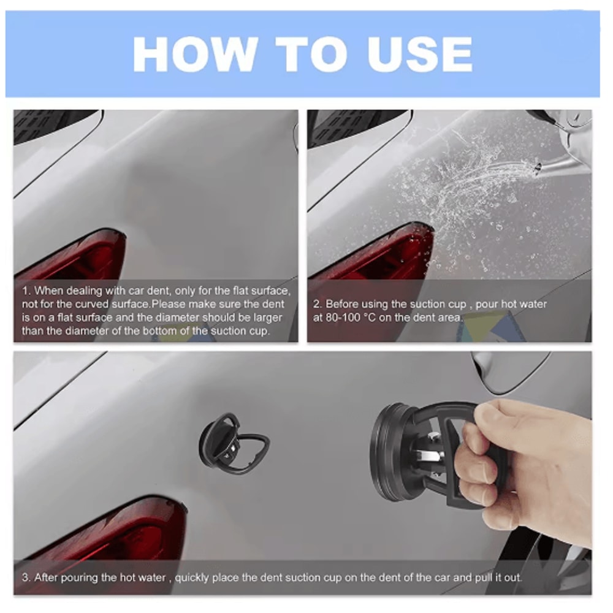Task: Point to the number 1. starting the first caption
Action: [26, 291]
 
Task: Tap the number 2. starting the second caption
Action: [318, 304]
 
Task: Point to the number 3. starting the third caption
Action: [26, 577]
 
